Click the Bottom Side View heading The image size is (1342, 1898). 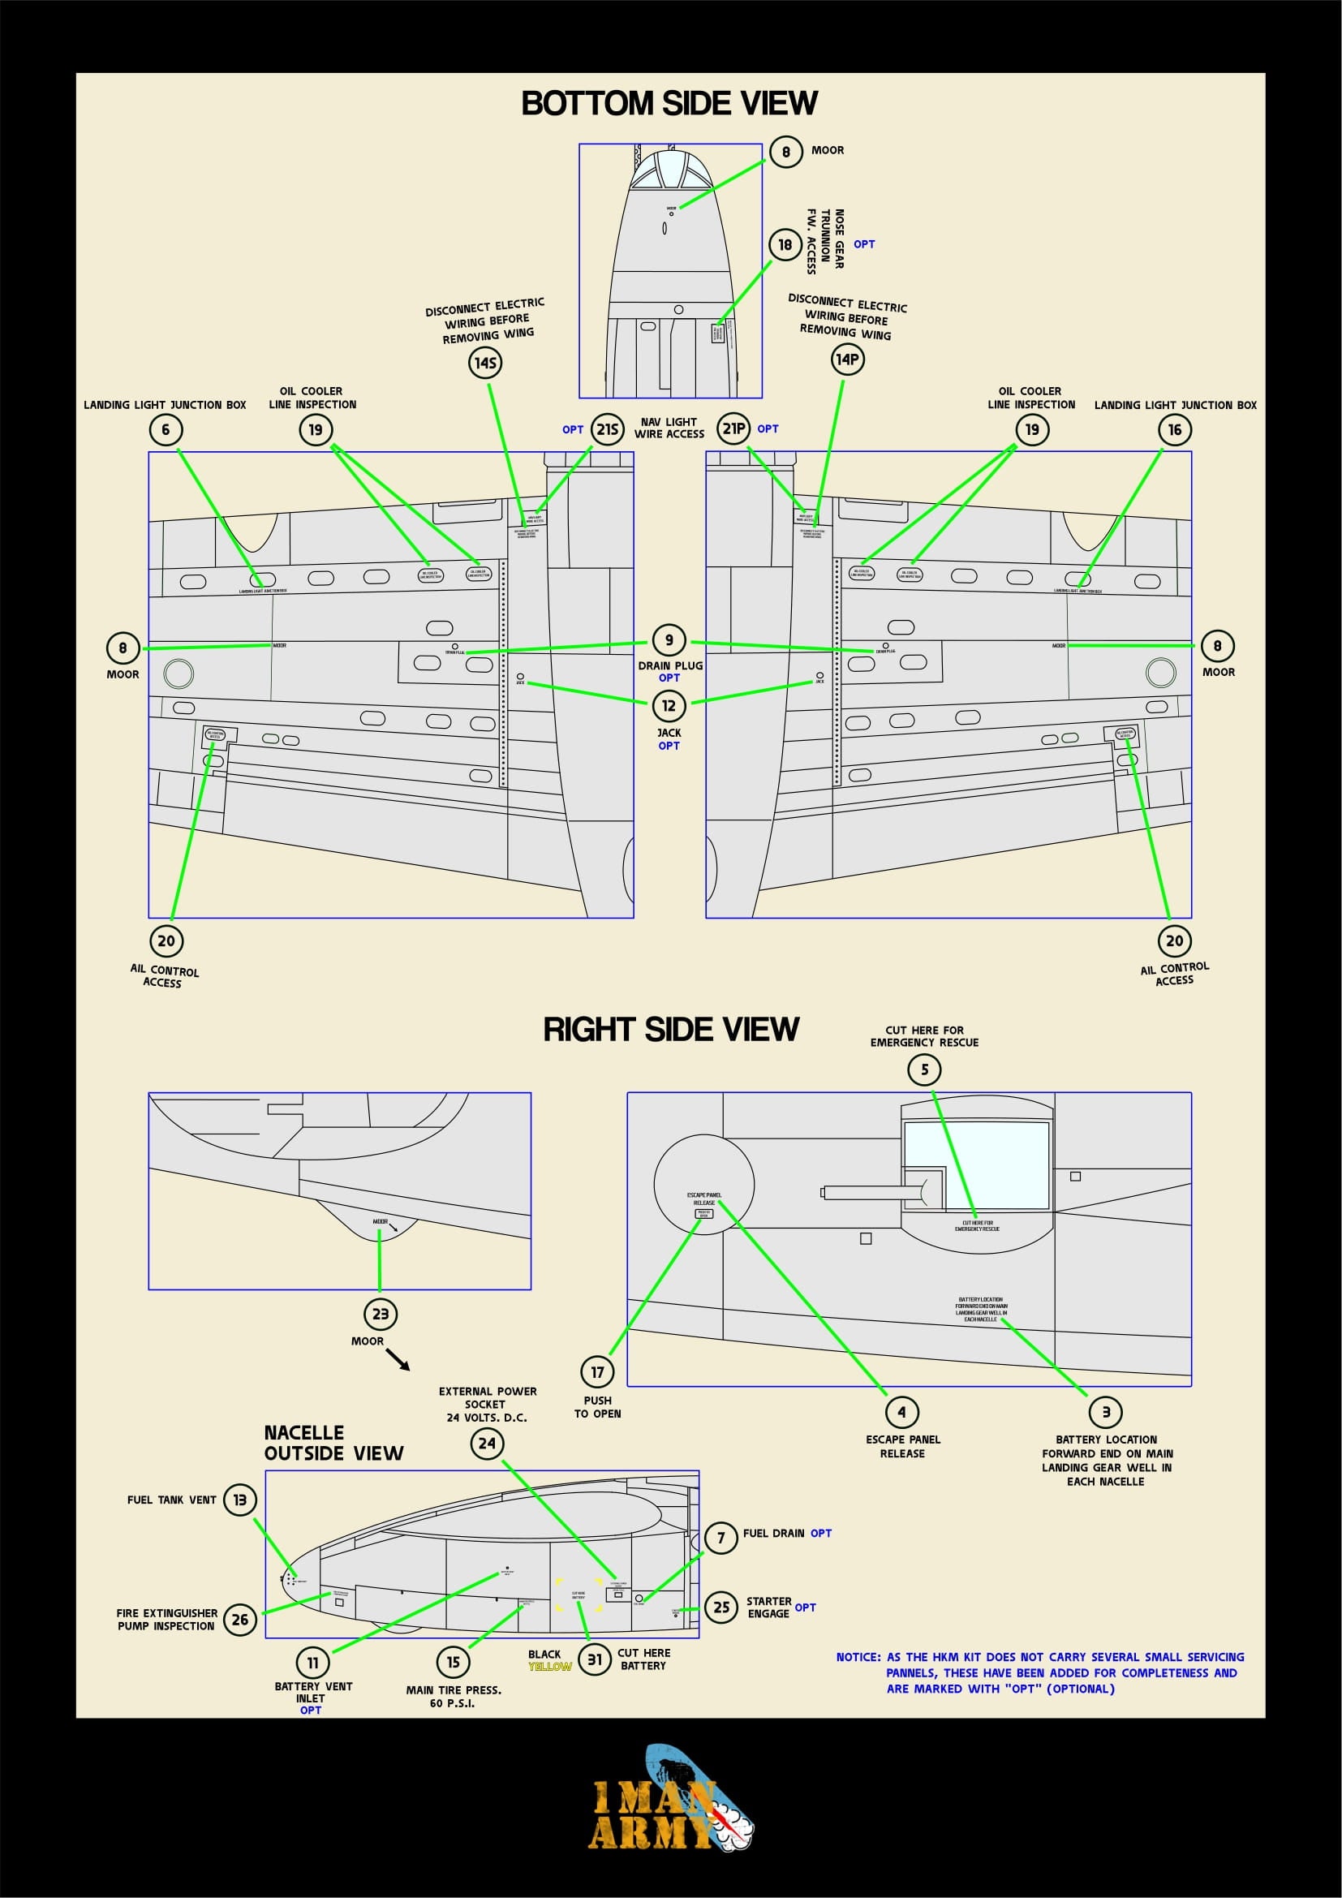coord(669,103)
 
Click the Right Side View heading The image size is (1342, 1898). coord(670,1029)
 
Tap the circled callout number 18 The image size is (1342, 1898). coord(785,244)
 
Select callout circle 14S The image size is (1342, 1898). coord(485,362)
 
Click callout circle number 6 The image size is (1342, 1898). coord(166,429)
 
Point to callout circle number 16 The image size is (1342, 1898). coord(1174,429)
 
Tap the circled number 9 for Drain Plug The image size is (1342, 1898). coord(669,639)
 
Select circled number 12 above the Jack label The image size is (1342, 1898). coord(669,705)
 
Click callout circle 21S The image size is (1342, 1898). coord(608,429)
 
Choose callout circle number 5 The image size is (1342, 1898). coord(925,1070)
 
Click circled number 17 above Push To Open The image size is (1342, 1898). coord(597,1372)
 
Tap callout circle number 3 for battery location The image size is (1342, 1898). coord(1106,1412)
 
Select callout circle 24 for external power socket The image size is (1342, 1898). coord(488,1444)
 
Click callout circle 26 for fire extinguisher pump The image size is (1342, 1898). coord(239,1620)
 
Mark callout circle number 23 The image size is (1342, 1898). coord(380,1314)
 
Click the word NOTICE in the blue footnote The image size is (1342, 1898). coord(858,1657)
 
